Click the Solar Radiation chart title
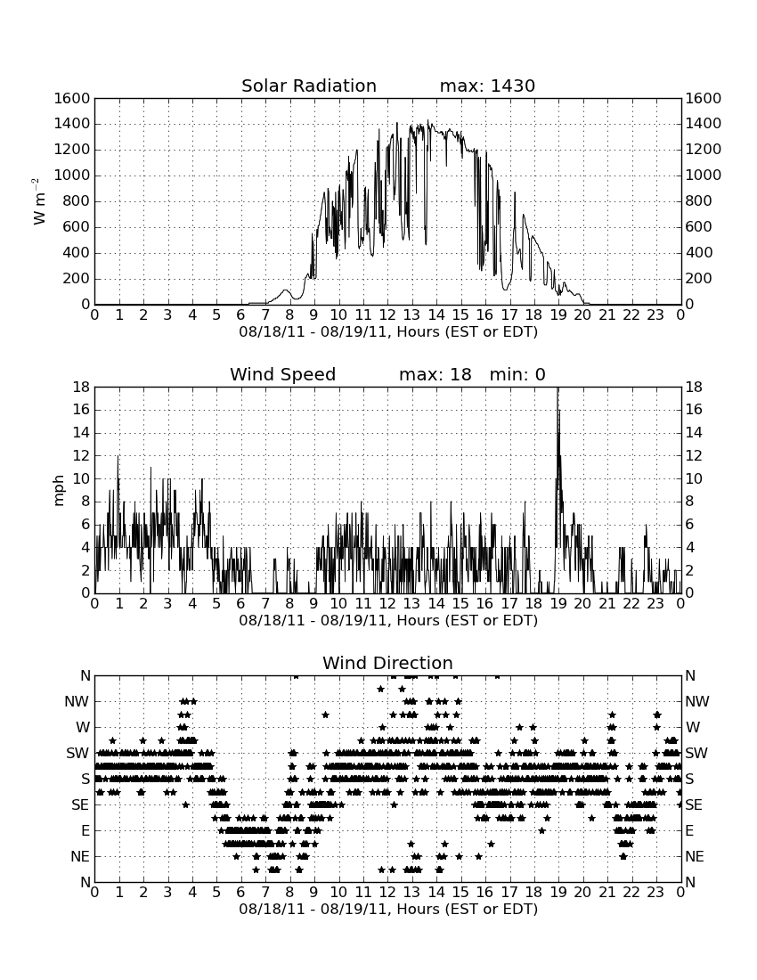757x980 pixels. (309, 86)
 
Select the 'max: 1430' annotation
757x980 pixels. (487, 86)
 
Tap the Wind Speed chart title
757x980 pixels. (283, 374)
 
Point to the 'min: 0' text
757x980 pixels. (517, 374)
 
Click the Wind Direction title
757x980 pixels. (387, 663)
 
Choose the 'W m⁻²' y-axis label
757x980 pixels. (38, 201)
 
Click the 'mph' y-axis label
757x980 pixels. (59, 491)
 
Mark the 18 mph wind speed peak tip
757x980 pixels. (558, 388)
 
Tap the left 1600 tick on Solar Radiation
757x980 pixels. (72, 98)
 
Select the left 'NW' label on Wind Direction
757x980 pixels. (77, 702)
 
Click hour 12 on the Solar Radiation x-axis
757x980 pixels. (387, 315)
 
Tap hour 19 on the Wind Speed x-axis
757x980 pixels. (558, 604)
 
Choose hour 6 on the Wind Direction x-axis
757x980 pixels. (240, 893)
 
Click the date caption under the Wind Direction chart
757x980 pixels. (388, 910)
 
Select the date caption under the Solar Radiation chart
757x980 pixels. (388, 332)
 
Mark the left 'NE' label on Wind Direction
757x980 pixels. (80, 857)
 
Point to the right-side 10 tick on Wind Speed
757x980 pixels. (694, 478)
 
